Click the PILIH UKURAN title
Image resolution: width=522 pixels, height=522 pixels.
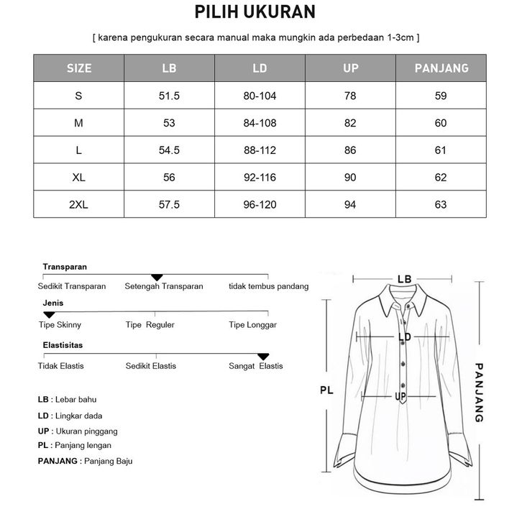tap(260, 12)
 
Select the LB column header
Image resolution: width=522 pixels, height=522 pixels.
tap(169, 69)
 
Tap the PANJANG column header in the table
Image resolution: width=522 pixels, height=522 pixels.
tap(441, 69)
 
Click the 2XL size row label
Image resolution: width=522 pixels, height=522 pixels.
tap(79, 205)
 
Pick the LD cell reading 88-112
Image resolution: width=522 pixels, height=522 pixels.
tap(260, 150)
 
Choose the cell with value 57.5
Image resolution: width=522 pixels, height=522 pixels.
tap(169, 205)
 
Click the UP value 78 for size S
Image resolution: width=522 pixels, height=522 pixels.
tap(350, 96)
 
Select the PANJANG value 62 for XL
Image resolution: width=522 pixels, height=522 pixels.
tap(441, 178)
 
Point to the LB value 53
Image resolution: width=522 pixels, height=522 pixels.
tap(169, 123)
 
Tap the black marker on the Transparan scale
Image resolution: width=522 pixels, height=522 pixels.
tap(157, 278)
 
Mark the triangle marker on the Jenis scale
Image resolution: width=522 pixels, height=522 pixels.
tap(49, 315)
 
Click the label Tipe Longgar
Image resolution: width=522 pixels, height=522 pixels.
tap(252, 325)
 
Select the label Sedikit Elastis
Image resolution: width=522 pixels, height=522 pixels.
tap(151, 366)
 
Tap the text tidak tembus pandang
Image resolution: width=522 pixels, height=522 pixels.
tap(268, 286)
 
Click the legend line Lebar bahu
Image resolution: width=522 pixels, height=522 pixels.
tap(67, 399)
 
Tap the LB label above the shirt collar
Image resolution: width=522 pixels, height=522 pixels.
tap(404, 279)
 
